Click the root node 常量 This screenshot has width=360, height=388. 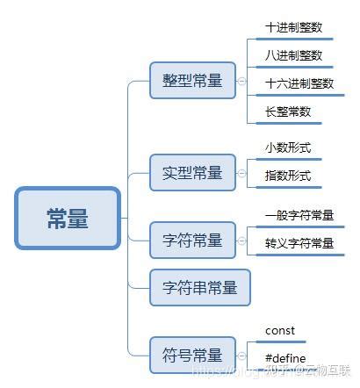point(68,218)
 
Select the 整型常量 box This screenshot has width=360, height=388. point(192,81)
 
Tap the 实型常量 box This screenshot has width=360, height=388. point(192,171)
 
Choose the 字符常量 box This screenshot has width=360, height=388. point(192,240)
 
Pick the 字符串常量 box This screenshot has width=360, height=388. point(199,287)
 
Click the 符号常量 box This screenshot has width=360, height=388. point(192,355)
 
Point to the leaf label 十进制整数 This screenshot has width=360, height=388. point(294,27)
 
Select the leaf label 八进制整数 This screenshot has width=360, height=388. point(294,55)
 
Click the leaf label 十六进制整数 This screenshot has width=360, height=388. point(299,83)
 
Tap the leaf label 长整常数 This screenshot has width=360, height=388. point(288,111)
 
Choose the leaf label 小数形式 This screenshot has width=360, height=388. point(288,147)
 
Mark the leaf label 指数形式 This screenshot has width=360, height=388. point(288,176)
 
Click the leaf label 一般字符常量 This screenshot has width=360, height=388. point(299,215)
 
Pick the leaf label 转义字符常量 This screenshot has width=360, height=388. point(299,243)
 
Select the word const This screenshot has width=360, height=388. point(280,331)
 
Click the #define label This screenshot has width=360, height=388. point(284,358)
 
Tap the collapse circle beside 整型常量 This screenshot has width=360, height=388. point(241,81)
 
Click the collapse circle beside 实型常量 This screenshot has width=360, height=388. point(241,172)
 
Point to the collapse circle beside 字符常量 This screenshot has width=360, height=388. point(241,240)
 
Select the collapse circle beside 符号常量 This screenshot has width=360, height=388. point(241,355)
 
